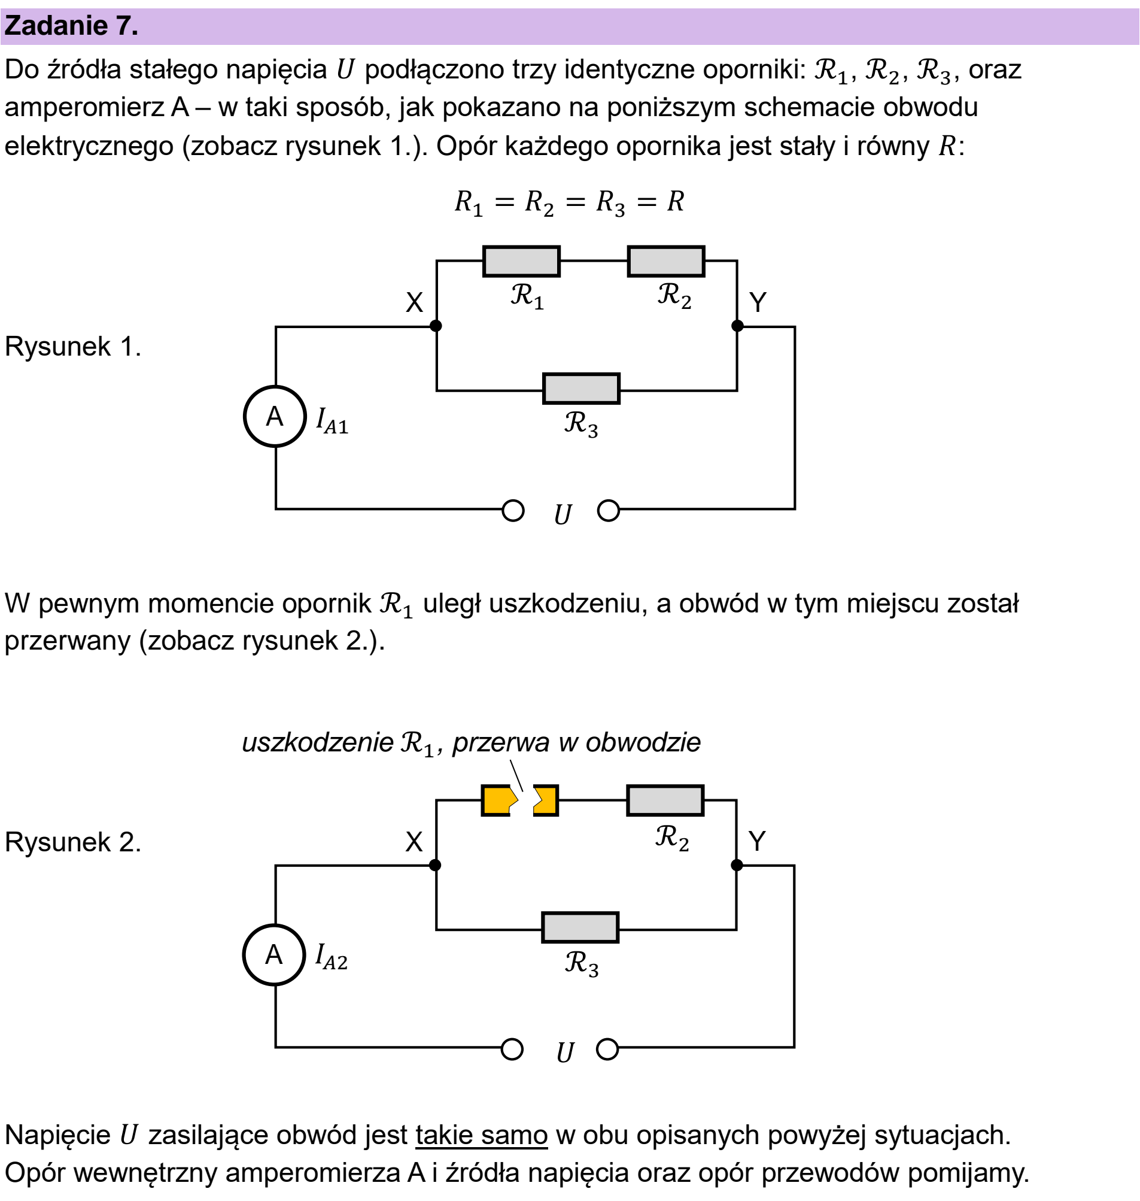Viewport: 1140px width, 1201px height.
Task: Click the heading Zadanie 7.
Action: pos(71,26)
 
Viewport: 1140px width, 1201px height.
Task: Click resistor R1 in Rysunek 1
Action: pos(521,262)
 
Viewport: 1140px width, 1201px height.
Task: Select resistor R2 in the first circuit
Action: pos(666,262)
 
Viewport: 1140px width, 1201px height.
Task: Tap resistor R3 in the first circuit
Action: pos(582,389)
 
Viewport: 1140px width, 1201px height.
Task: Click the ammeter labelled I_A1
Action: pos(275,417)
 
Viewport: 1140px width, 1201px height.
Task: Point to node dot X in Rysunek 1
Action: pos(436,326)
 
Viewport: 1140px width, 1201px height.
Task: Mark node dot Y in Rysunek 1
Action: pos(737,326)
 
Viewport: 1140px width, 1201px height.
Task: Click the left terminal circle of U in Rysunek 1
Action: pos(513,511)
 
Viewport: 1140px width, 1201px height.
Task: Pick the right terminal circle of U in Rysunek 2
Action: pos(607,1049)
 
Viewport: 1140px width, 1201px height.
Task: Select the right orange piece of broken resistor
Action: pos(546,800)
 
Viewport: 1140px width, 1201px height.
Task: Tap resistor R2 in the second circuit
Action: pos(665,800)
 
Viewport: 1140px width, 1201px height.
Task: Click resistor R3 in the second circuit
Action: pos(580,927)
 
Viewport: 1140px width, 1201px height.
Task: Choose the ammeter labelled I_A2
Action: pos(274,955)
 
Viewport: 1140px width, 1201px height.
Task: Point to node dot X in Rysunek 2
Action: pos(435,865)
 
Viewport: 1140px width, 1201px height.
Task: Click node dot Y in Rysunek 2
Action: pos(737,865)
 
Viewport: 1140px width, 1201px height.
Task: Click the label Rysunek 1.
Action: pos(73,347)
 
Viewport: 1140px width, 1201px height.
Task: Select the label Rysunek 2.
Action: pos(73,842)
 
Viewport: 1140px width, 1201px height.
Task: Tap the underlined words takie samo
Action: pos(482,1135)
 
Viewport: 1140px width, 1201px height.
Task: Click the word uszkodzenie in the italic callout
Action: pos(318,742)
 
